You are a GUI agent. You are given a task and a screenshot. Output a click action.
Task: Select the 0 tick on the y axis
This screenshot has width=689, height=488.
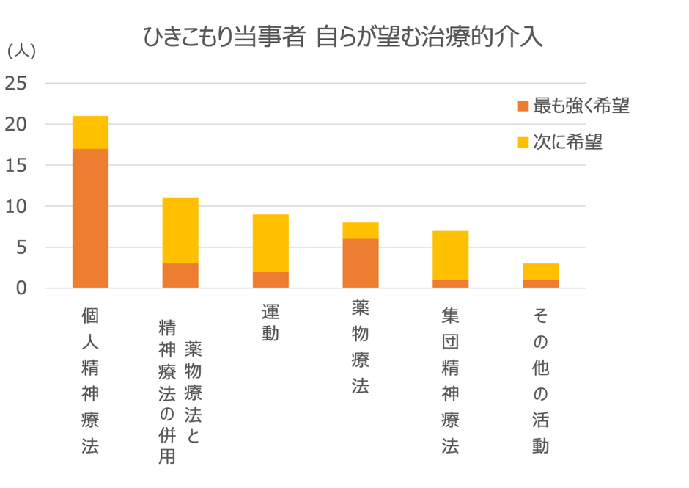coord(21,288)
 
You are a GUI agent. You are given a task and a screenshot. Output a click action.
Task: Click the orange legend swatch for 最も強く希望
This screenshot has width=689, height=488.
coord(523,106)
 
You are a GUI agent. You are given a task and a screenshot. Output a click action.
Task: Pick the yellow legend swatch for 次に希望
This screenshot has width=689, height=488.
coord(523,142)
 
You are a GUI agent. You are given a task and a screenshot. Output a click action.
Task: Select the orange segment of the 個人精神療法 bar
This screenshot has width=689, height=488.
coord(90,218)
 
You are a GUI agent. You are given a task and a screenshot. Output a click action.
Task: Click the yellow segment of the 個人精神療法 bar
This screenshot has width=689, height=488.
coord(90,133)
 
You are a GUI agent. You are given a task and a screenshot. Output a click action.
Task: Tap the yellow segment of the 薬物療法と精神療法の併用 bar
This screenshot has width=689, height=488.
coord(180,230)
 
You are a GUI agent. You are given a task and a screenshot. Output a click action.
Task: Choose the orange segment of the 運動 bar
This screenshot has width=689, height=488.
coord(270,280)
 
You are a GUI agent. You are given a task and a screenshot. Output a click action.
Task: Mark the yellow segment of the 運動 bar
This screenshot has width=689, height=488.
coord(270,243)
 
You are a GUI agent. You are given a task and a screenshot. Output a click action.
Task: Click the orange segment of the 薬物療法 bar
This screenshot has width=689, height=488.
coord(361,263)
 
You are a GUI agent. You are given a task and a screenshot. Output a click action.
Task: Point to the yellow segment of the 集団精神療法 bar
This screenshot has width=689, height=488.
coord(451,255)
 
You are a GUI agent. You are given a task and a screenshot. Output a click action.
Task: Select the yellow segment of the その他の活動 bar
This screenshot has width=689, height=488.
coord(541,272)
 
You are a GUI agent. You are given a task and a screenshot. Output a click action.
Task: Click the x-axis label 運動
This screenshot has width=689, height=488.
coord(270,323)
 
